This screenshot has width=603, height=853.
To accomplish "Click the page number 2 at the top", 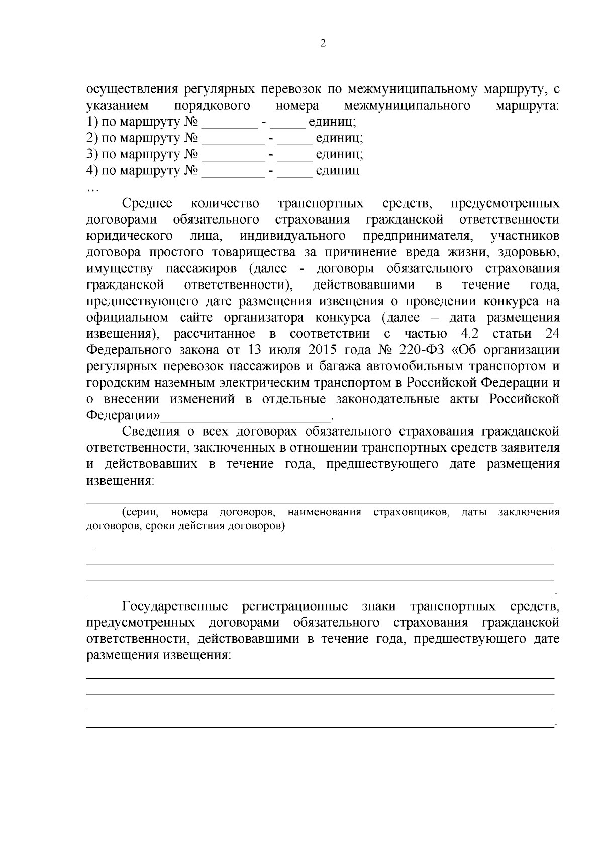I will [x=323, y=44].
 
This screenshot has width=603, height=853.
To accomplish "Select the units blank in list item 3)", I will [x=295, y=155].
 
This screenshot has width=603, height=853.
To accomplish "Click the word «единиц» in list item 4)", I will [x=337, y=171].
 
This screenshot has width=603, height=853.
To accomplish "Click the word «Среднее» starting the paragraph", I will [x=147, y=204].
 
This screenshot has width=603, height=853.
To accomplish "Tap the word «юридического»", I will [x=130, y=236].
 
